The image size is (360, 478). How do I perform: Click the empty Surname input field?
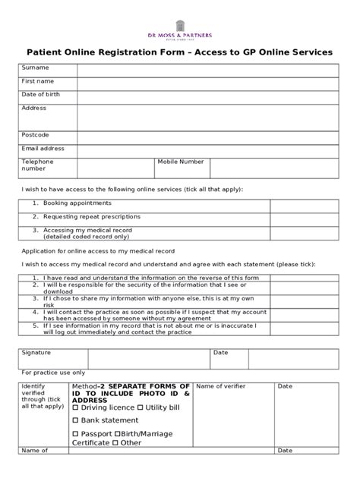coord(207,70)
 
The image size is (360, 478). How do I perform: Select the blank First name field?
coord(207,83)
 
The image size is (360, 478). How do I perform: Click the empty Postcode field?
coord(207,136)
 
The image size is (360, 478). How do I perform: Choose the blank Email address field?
coord(207,149)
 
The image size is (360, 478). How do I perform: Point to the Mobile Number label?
coord(181,162)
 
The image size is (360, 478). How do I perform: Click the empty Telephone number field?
coord(115,168)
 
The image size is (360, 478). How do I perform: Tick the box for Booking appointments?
coord(304,206)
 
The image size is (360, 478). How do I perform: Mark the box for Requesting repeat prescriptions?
coord(304,218)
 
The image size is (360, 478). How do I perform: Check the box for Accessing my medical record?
coord(304,232)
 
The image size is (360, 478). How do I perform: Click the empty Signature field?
coord(149,358)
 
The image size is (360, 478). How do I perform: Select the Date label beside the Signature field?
coord(221,353)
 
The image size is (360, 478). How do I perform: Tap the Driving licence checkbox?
coord(76,408)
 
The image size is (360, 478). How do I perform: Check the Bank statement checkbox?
coord(76,420)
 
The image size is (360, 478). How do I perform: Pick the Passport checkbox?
coord(76,433)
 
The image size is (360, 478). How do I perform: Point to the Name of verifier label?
coord(220,386)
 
